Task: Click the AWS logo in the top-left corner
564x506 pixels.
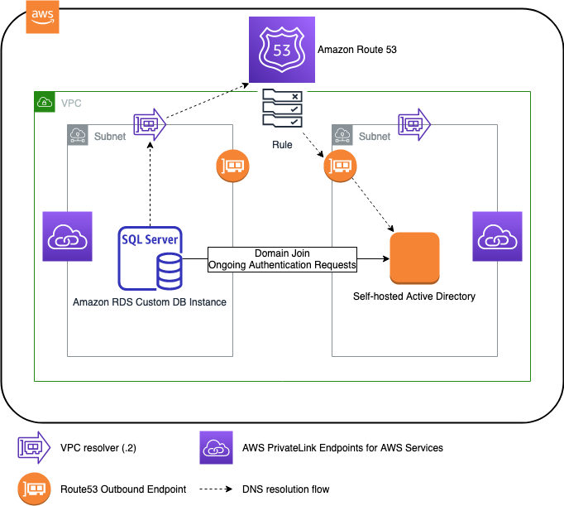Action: click(x=43, y=17)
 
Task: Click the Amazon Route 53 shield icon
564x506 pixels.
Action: click(x=280, y=50)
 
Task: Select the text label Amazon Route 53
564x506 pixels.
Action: click(x=357, y=50)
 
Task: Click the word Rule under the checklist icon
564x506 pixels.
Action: click(x=281, y=145)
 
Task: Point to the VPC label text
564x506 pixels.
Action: click(x=71, y=104)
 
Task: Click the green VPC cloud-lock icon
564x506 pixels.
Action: click(x=44, y=103)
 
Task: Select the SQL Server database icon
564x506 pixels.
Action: click(x=151, y=258)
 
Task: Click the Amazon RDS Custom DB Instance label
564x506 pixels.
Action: click(x=150, y=302)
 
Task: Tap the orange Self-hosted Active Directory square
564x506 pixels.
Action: click(x=413, y=258)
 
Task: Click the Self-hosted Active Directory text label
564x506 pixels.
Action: click(x=414, y=296)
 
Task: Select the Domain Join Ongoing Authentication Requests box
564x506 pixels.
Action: click(x=281, y=259)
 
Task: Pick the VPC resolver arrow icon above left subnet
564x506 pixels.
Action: click(x=150, y=124)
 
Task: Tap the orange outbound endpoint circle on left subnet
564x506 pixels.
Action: click(x=232, y=166)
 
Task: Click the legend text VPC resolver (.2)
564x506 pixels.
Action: click(x=98, y=448)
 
